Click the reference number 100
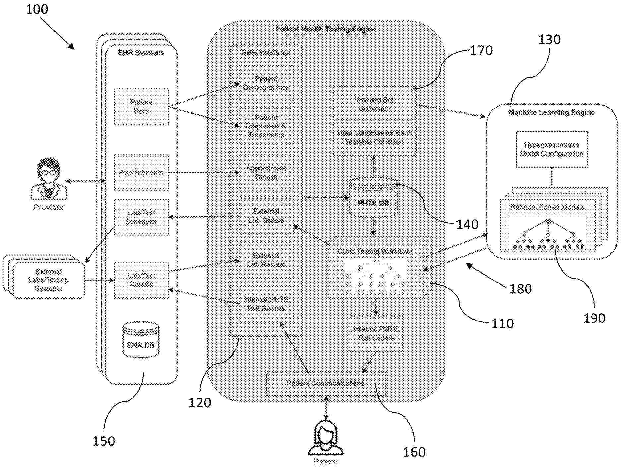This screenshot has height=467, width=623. [x=37, y=9]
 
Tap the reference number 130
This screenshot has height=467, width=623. [x=549, y=40]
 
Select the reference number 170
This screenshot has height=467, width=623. [x=481, y=51]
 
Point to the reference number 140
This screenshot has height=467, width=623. [x=467, y=225]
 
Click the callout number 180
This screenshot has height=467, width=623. [x=520, y=289]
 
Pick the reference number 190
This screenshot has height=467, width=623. [x=594, y=318]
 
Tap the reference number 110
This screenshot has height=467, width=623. [x=502, y=323]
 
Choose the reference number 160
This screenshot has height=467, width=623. [x=414, y=452]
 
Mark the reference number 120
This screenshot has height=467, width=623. [x=200, y=403]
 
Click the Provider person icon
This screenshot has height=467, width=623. [x=49, y=179]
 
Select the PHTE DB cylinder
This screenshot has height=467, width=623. [x=373, y=198]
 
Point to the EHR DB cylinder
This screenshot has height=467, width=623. [x=141, y=340]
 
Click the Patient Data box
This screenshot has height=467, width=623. [x=142, y=107]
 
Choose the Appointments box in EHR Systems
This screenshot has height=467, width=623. [x=142, y=172]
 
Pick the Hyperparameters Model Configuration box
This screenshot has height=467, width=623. [x=552, y=149]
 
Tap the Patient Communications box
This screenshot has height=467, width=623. [x=326, y=384]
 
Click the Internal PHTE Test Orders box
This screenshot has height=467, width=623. [x=376, y=334]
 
